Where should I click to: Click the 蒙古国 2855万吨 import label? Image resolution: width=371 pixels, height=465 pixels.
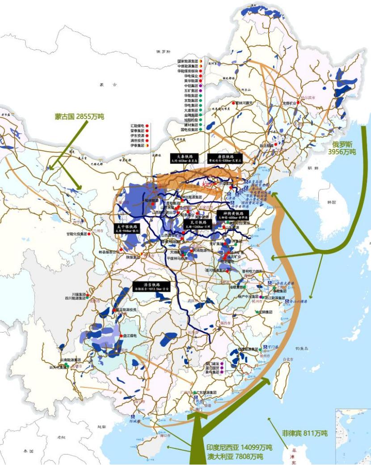pos(79,116)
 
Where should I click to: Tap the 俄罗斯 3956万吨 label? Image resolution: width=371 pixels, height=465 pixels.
pos(342,149)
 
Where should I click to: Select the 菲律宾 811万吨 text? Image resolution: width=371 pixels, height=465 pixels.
pos(304,433)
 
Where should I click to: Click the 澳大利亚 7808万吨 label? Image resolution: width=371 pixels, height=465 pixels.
pos(234,456)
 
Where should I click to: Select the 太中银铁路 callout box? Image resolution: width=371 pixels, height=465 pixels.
pos(128,228)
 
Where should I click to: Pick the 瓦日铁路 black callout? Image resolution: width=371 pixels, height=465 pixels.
pos(197,224)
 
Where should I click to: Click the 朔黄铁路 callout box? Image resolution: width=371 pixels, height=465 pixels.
pos(232,215)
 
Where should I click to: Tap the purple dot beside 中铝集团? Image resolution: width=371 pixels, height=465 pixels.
pos(202,85)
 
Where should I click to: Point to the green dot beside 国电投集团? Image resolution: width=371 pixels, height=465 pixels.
pos(201,130)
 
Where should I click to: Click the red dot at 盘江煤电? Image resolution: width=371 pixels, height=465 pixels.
pos(122,335)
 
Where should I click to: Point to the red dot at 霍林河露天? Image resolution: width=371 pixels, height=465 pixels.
pos(233,103)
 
